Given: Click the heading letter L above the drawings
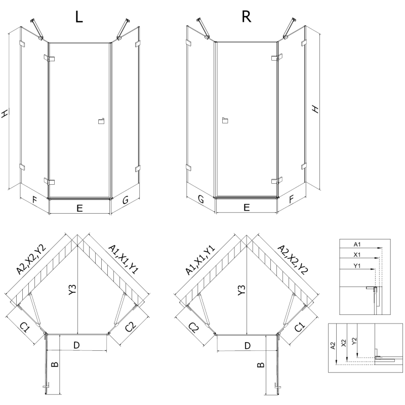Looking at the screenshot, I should click(79, 17).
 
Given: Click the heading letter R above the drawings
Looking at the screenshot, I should click(247, 17).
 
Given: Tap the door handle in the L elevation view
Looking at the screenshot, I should click(100, 120).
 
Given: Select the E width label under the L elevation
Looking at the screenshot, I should click(79, 207).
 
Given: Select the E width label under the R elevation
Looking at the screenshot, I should click(247, 207).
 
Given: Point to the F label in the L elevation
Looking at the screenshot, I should click(34, 199).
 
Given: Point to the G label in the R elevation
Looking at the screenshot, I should click(201, 200).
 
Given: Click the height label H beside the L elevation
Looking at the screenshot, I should click(5, 114).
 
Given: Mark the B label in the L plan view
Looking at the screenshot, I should click(55, 363).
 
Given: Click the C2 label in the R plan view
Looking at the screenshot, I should click(193, 329).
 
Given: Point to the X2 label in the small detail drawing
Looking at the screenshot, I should click(344, 343).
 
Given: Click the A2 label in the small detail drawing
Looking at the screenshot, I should click(333, 346).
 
